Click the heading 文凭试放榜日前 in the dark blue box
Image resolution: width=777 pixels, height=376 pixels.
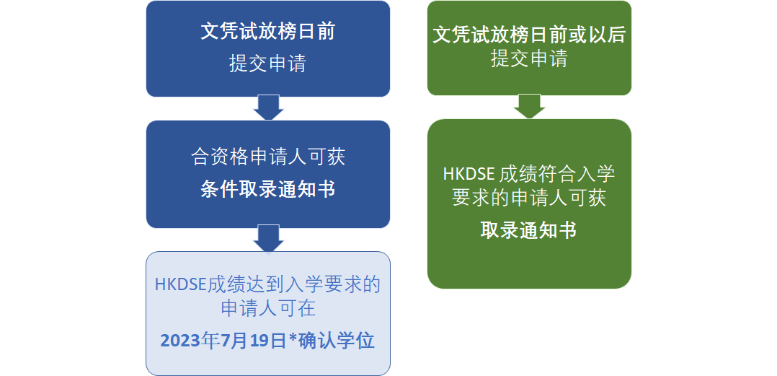[268, 32]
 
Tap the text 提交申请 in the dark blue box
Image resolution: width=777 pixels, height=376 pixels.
[267, 64]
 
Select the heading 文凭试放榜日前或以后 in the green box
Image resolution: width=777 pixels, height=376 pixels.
[529, 35]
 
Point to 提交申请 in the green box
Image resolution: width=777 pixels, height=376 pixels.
[529, 59]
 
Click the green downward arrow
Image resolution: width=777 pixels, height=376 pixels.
[529, 106]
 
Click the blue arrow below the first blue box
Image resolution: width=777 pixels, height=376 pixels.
[268, 108]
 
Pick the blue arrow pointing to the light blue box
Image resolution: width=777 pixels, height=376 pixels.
[268, 239]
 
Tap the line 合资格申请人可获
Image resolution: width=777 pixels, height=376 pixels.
[268, 157]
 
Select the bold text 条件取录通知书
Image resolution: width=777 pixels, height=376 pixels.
[268, 190]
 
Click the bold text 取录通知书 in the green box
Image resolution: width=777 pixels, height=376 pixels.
[529, 231]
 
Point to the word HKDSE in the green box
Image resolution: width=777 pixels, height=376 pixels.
[469, 175]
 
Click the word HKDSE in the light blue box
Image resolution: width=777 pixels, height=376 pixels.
[181, 285]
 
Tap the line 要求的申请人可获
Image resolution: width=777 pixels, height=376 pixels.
[529, 198]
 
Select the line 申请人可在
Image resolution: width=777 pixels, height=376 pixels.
[268, 309]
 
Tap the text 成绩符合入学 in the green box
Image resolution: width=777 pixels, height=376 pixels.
[557, 175]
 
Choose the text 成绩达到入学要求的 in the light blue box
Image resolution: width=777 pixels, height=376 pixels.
[294, 285]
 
